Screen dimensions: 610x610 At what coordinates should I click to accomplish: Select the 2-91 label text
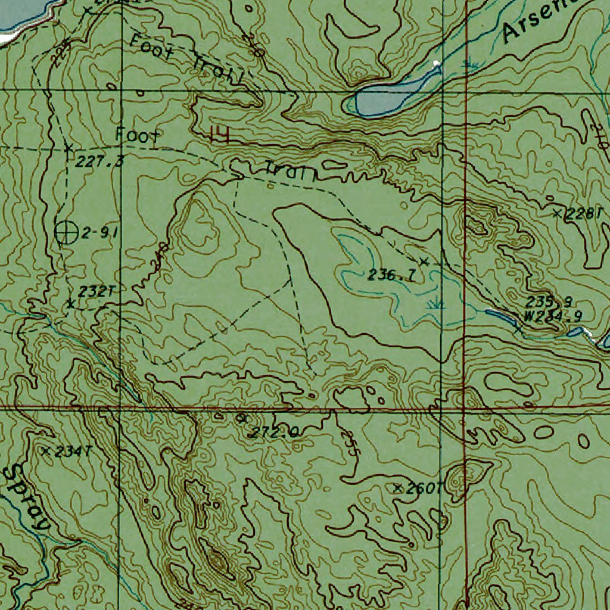click(99, 234)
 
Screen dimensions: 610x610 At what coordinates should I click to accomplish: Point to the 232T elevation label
click(95, 291)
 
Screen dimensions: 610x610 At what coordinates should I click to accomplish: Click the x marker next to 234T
click(46, 451)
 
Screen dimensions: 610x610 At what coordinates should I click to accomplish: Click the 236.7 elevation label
click(391, 275)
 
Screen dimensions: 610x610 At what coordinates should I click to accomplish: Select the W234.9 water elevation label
click(553, 316)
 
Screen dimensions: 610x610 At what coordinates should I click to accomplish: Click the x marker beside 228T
click(558, 213)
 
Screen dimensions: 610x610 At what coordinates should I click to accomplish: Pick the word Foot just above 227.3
click(138, 135)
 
